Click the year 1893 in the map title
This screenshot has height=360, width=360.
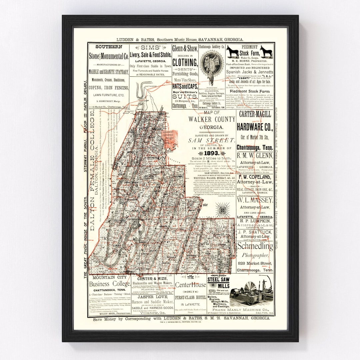tap(209, 153)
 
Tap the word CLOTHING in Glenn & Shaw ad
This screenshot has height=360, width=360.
tap(185, 62)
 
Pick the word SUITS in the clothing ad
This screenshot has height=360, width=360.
tap(185, 97)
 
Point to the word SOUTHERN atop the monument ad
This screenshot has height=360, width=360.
tap(108, 47)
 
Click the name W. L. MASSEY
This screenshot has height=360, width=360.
tap(255, 200)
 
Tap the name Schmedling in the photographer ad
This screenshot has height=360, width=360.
tap(255, 246)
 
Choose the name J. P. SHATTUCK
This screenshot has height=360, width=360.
tap(255, 232)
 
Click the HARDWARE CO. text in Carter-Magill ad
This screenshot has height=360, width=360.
tap(255, 127)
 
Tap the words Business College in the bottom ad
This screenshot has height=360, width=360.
tap(110, 284)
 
